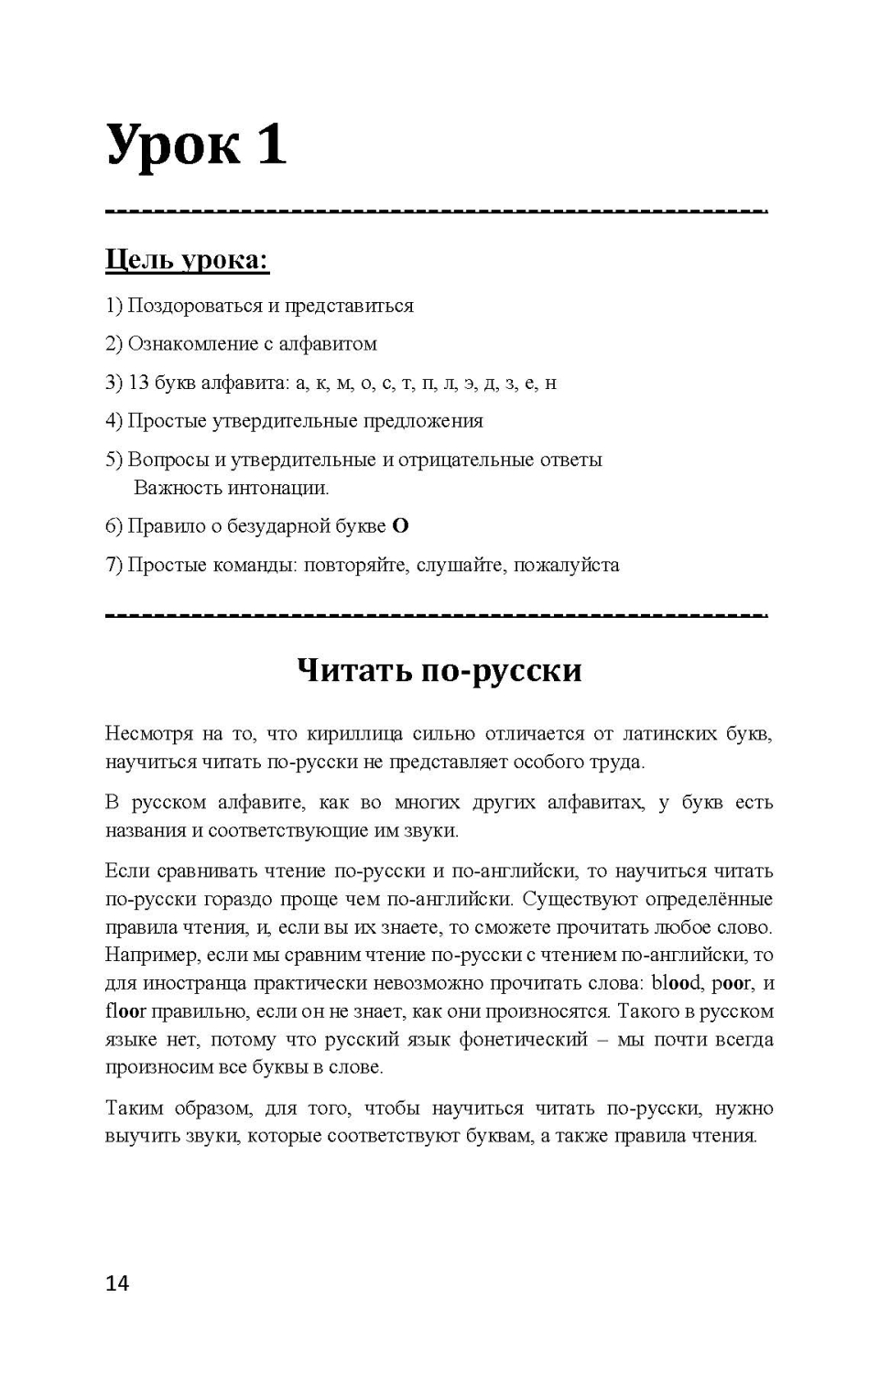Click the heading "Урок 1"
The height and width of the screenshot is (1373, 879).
196,145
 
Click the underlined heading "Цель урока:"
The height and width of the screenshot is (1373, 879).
187,260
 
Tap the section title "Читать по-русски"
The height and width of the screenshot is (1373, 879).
439,670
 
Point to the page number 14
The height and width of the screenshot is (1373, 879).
117,1283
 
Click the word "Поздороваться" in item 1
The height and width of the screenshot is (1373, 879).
194,306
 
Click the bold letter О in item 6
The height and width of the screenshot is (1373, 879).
400,526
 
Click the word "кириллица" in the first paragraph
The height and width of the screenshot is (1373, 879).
353,734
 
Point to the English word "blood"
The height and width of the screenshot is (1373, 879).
677,984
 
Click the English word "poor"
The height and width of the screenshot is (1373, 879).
732,984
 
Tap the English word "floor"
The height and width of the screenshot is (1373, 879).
125,1012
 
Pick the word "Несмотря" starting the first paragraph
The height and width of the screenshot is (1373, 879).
148,734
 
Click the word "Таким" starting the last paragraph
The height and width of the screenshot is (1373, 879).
132,1108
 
